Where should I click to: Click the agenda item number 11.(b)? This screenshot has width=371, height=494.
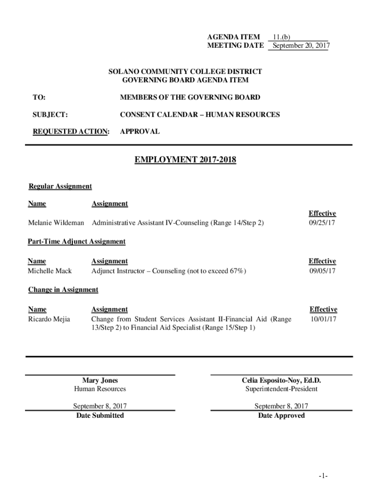281,37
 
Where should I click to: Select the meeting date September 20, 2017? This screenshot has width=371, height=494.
300,46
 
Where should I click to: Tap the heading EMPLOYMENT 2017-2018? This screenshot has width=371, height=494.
185,160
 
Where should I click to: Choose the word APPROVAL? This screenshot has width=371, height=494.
140,131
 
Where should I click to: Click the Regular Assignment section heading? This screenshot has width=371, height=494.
60,186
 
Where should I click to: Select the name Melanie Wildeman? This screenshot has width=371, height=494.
56,223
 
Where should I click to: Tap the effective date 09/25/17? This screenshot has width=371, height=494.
322,223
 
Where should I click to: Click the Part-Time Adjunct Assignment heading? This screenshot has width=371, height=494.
77,241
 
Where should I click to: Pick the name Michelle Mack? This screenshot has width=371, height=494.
50,271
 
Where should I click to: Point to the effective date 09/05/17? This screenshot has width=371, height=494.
322,271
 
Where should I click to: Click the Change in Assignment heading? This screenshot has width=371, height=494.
63,289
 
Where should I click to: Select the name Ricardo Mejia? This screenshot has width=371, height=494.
49,319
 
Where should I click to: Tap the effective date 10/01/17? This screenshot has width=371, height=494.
323,319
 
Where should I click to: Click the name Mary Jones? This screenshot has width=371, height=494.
100,380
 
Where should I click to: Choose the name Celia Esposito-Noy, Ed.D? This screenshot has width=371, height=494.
281,380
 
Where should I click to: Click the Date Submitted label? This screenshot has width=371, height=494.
100,415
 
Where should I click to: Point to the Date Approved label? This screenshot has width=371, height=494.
281,415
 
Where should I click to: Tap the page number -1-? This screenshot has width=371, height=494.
323,476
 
